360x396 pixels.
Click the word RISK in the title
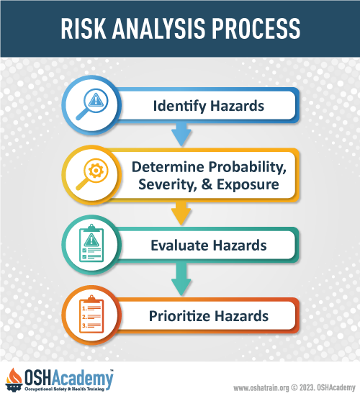[x=84, y=29]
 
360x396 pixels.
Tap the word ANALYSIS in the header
[x=158, y=29]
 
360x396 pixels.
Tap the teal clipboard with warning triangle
[x=91, y=243]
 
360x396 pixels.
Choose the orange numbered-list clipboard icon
[x=91, y=314]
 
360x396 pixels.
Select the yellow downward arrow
[x=181, y=213]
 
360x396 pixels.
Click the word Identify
[x=179, y=106]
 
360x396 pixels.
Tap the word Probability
[x=248, y=168]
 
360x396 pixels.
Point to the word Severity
[x=168, y=184]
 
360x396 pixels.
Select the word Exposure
[x=248, y=185]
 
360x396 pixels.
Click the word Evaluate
[x=179, y=246]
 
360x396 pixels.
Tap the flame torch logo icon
[x=14, y=380]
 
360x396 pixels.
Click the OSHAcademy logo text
[x=68, y=378]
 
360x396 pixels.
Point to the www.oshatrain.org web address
[x=261, y=387]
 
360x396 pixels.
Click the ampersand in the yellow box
[x=207, y=184]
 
